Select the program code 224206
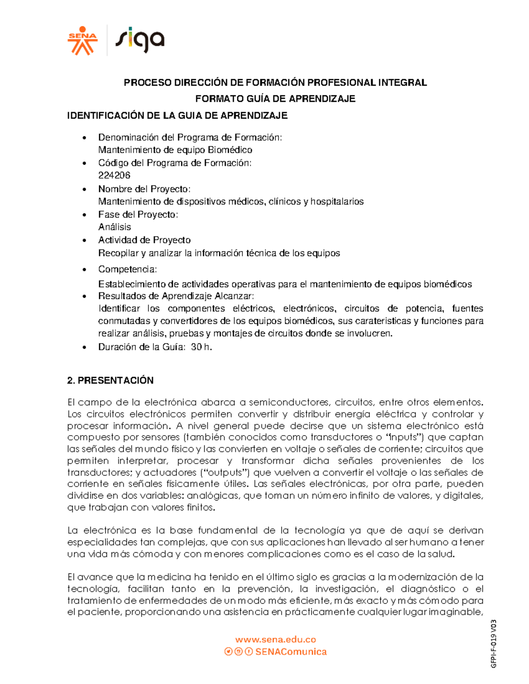point(114,175)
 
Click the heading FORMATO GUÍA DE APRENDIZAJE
point(275,99)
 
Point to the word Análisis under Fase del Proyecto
point(115,227)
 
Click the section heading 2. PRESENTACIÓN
point(110,380)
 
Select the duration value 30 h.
point(201,347)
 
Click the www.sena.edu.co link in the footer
point(276,640)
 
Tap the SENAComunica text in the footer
point(291,652)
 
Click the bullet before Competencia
point(85,270)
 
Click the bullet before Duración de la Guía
point(85,348)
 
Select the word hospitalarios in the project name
point(337,201)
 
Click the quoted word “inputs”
point(404,437)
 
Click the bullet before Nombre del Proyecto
point(85,189)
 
